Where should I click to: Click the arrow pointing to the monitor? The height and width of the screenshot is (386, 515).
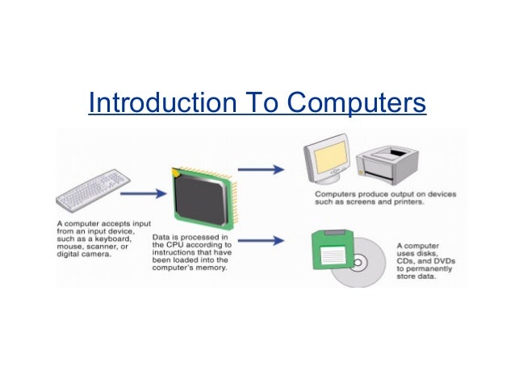pyautogui.click(x=262, y=169)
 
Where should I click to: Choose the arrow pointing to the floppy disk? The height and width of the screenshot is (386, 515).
pyautogui.click(x=262, y=239)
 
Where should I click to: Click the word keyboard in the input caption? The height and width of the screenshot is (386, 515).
pyautogui.click(x=111, y=239)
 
